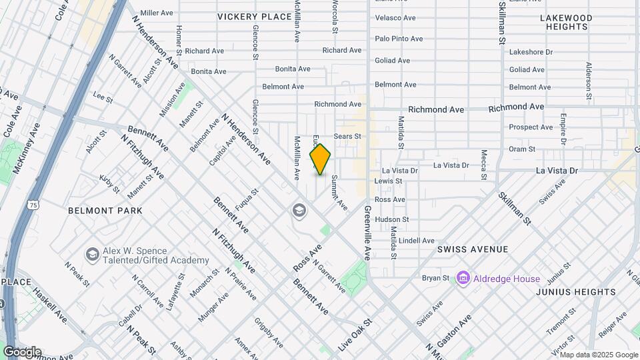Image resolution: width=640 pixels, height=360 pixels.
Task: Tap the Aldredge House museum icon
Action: pos(463,277)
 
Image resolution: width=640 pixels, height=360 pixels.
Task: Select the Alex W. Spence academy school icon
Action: pos(93,254)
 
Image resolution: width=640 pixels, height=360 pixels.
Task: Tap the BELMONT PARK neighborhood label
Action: pos(105,211)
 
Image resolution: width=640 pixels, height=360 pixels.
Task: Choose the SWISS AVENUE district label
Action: pos(473,249)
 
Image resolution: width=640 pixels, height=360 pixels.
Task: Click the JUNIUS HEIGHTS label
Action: pos(576,292)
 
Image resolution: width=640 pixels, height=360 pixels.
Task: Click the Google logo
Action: pos(22,352)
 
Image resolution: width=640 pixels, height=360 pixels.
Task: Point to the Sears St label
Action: pos(347,136)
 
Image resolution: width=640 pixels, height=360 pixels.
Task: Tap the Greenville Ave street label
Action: pos(367,233)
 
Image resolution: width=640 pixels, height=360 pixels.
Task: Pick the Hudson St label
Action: pos(391,219)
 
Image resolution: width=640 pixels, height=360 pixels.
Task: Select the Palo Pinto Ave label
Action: pos(399,39)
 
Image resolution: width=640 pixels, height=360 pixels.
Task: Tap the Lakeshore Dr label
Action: pos(531,52)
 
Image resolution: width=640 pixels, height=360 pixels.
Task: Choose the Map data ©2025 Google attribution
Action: pos(598,355)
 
